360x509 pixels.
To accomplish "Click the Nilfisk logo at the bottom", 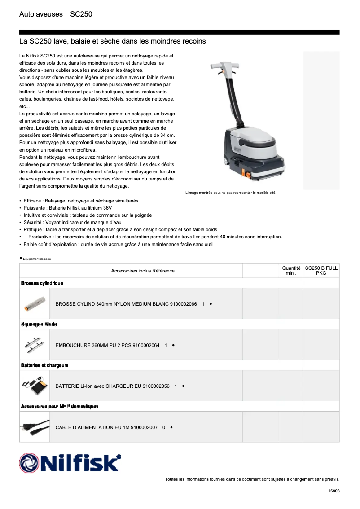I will [x=70, y=463].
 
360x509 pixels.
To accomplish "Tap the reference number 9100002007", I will [x=144, y=428].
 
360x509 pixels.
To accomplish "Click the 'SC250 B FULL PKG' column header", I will [x=321, y=270].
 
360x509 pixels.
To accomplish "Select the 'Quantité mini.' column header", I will [x=291, y=270].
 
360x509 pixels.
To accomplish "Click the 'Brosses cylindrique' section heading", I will [x=42, y=283].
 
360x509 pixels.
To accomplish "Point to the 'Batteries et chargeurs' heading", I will [x=44, y=365].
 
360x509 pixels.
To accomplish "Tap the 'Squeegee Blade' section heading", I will [x=39, y=324].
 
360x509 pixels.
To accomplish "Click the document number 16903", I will [x=334, y=491].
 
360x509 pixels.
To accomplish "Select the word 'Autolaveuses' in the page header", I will [x=41, y=14].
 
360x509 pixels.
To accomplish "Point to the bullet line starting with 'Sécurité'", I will [x=72, y=223].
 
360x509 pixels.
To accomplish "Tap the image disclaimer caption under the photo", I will [x=231, y=193].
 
